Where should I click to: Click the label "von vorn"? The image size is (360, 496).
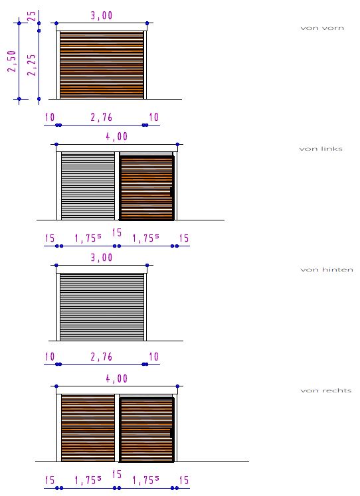(x=322, y=28)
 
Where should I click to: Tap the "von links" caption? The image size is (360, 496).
(x=321, y=149)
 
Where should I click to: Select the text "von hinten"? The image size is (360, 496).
(x=327, y=270)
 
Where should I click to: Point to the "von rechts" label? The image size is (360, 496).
(x=326, y=390)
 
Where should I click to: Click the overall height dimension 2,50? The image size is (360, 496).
(x=12, y=61)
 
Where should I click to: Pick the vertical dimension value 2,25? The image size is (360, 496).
(x=31, y=65)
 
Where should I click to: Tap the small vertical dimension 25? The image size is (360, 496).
(x=32, y=16)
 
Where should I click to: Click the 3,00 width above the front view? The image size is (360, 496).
(x=102, y=15)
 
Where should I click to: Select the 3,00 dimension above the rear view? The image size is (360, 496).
(x=102, y=258)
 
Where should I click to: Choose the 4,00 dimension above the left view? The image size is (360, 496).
(x=117, y=137)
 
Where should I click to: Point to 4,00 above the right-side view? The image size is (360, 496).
(x=117, y=378)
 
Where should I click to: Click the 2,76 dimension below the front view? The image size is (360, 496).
(x=102, y=118)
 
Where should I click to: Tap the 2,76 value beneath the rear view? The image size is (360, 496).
(x=102, y=357)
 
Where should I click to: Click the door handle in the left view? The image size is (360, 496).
(x=171, y=191)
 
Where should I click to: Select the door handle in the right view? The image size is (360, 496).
(x=171, y=433)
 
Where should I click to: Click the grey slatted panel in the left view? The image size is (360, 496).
(x=88, y=186)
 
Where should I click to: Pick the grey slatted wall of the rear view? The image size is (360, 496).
(x=102, y=307)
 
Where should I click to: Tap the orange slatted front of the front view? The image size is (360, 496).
(x=102, y=65)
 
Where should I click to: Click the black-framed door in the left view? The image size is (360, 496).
(x=147, y=188)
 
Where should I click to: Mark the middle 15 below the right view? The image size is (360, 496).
(x=117, y=474)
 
